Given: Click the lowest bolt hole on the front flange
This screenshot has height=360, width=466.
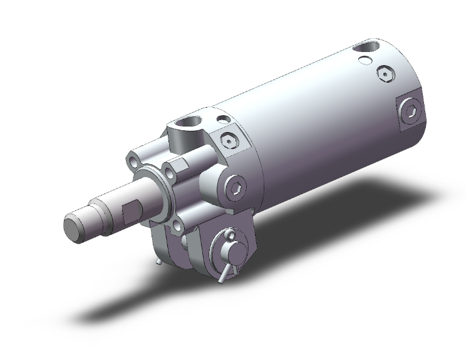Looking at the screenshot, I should coord(178,225).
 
